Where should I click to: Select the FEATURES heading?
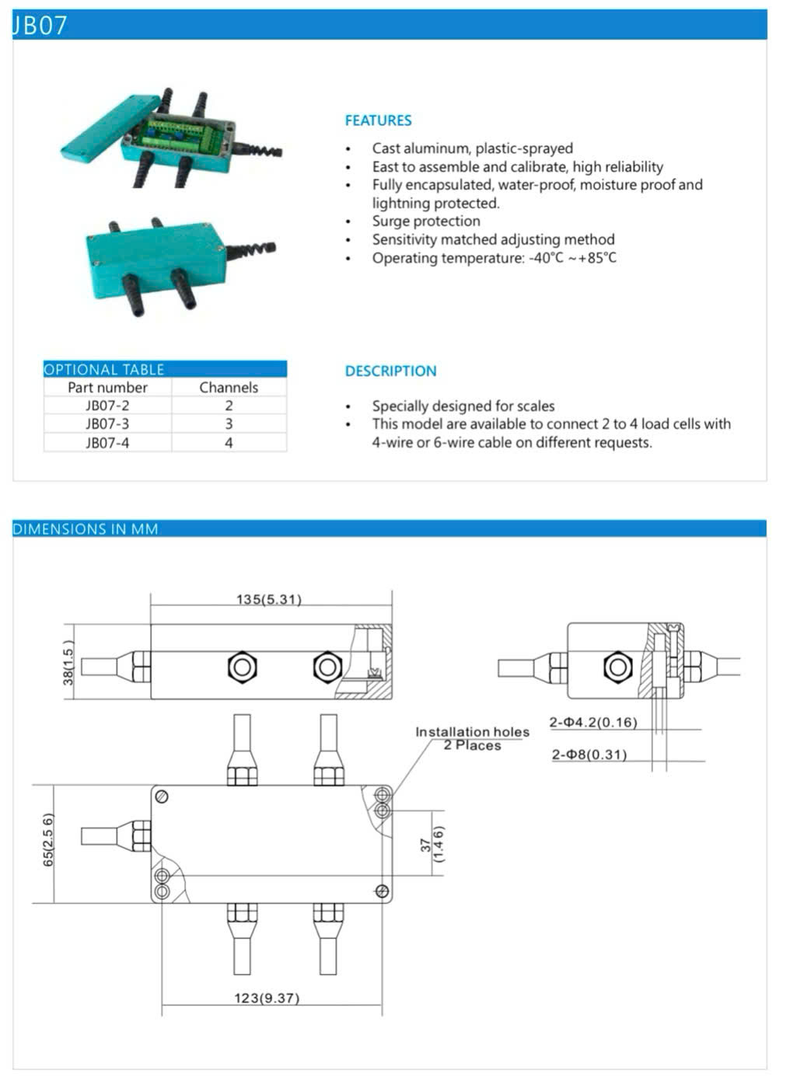[x=378, y=120]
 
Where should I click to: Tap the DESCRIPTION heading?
[x=390, y=371]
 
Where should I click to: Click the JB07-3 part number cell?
[x=107, y=424]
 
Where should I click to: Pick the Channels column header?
[x=229, y=387]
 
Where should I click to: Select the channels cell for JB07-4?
[x=229, y=443]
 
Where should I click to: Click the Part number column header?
[x=107, y=387]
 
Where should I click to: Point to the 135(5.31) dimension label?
[x=269, y=599]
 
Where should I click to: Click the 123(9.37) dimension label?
[x=267, y=998]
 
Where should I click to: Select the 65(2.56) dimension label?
[x=48, y=841]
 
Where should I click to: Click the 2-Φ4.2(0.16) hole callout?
[x=593, y=723]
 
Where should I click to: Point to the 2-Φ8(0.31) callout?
[x=589, y=755]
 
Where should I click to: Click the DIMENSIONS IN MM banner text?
[x=86, y=529]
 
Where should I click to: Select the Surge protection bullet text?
[x=425, y=221]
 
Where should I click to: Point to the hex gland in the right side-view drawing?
[x=617, y=666]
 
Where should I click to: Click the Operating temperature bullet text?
[x=494, y=258]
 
